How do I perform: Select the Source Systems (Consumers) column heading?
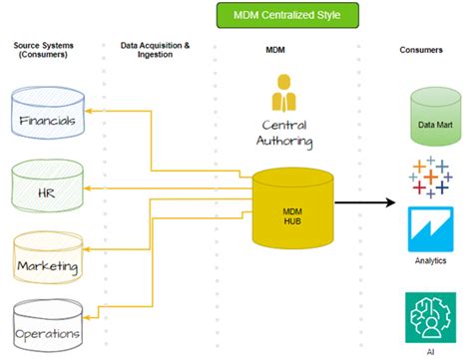[44, 52]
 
